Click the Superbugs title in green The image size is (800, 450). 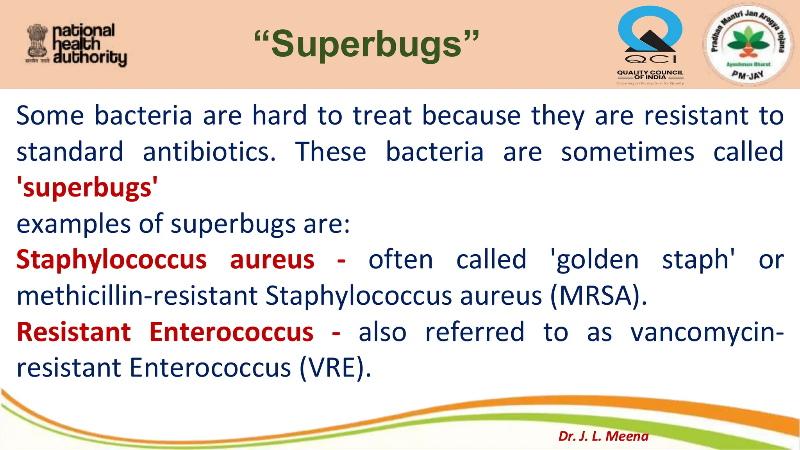(366, 44)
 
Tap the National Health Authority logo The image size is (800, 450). (77, 45)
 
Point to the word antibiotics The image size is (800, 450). (209, 152)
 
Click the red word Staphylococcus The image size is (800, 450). (111, 260)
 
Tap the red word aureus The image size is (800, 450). (272, 260)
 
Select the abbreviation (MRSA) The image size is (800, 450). (598, 296)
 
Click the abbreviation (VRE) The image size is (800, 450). (335, 368)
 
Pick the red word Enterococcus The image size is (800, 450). (231, 332)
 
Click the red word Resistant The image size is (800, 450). (74, 332)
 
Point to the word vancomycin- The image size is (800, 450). (707, 332)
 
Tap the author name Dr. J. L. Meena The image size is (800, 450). (604, 436)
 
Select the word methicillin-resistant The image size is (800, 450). (137, 296)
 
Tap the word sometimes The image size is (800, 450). (627, 152)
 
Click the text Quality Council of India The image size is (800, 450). (650, 75)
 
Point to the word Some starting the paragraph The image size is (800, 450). (50, 116)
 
